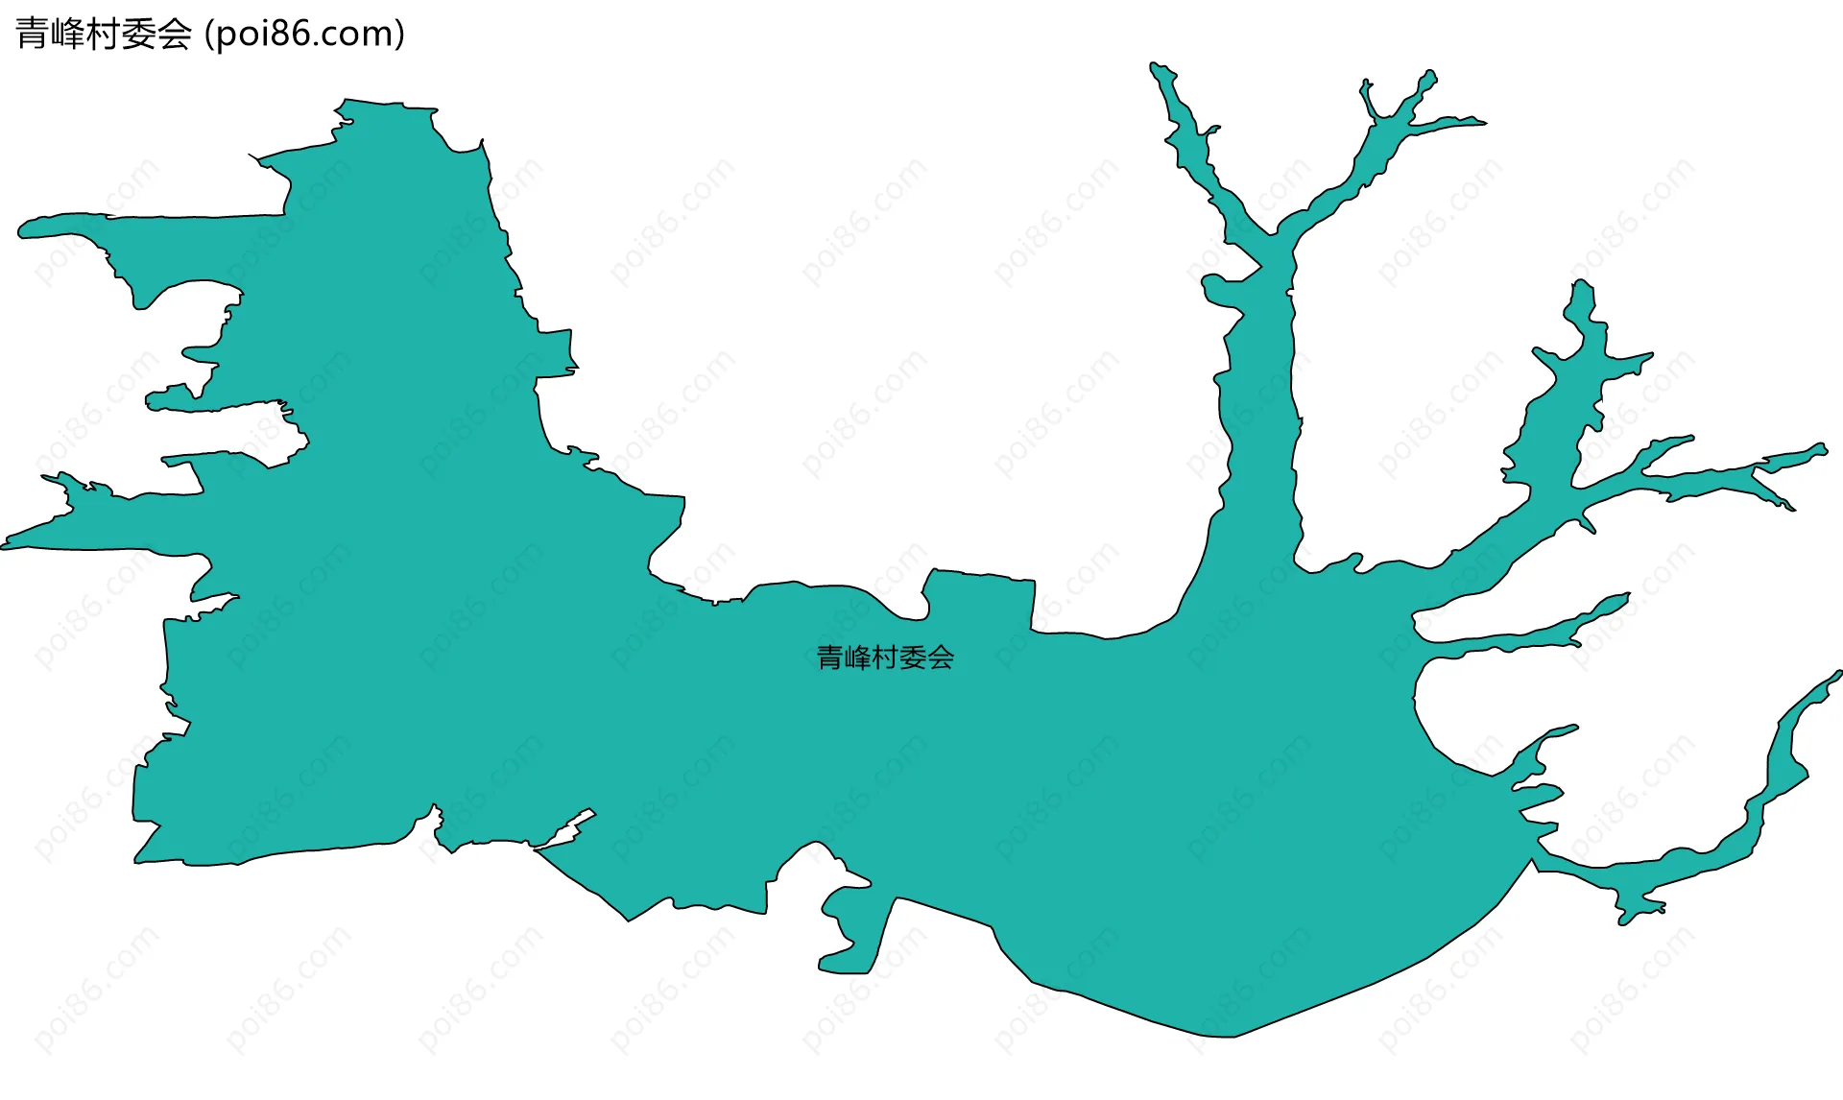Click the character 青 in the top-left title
32,34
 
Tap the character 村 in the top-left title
103,34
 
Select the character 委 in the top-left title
138,34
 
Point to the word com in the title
360,34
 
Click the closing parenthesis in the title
399,34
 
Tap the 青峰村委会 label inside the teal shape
884,658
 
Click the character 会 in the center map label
941,658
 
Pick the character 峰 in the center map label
857,658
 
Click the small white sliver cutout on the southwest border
566,830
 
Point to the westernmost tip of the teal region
6,545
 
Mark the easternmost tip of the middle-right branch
1821,448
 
